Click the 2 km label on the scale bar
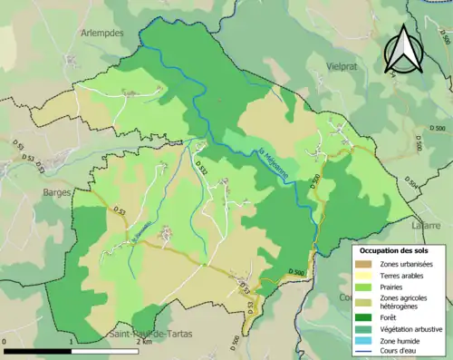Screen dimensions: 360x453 pyautogui.click(x=143, y=343)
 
